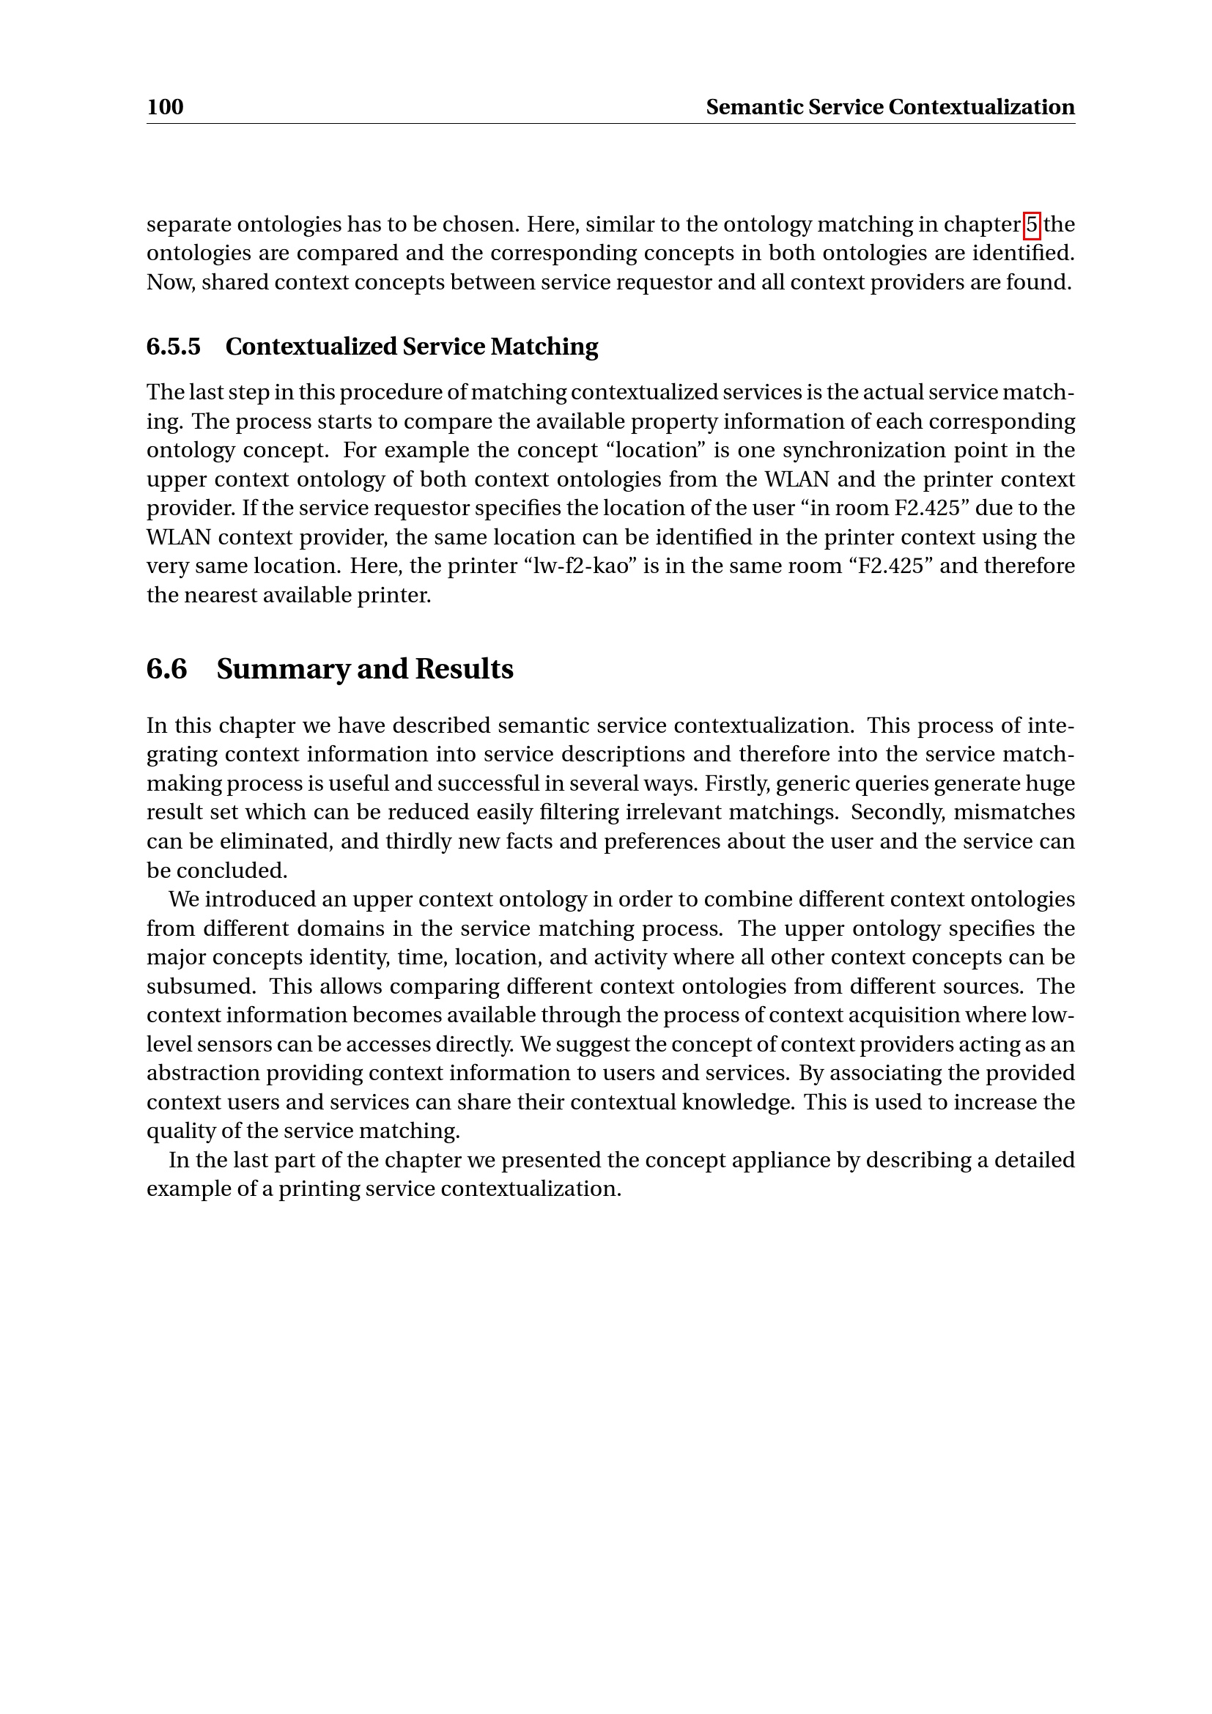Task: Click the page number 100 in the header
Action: (x=165, y=107)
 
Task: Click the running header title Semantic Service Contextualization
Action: (x=890, y=107)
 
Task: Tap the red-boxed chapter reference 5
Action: (x=1032, y=224)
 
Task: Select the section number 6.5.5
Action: (x=173, y=347)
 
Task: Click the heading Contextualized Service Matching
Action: (x=411, y=347)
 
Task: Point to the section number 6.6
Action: (x=166, y=669)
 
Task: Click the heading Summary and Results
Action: (x=364, y=669)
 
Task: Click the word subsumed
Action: (x=201, y=986)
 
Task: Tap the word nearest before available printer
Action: (x=220, y=595)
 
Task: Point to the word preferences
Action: (x=659, y=841)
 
